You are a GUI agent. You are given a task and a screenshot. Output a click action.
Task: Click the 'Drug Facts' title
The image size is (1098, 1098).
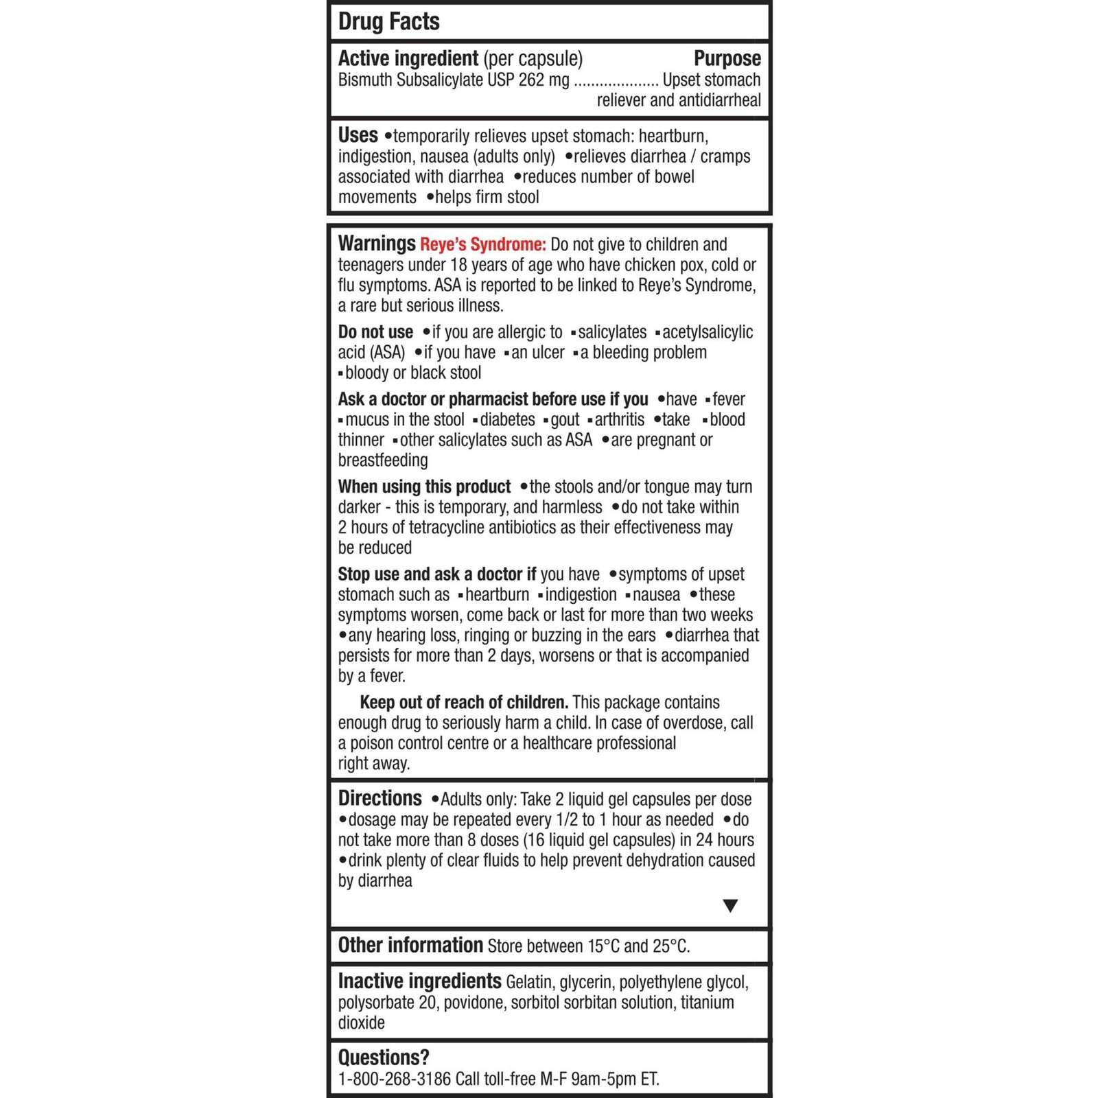[388, 22]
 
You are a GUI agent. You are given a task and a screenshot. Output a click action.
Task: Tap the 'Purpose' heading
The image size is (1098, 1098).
[727, 59]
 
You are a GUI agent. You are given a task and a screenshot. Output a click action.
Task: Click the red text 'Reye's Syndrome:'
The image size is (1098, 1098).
[482, 245]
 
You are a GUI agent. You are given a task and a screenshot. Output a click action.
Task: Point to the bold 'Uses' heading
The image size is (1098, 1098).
[358, 135]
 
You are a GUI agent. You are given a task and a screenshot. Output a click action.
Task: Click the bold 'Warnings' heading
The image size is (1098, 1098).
[376, 244]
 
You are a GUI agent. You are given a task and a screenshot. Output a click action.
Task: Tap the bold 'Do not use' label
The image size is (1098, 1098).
[375, 333]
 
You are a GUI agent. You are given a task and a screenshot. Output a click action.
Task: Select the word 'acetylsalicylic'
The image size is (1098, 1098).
[707, 333]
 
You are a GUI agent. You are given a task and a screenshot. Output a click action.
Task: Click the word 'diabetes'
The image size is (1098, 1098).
[507, 420]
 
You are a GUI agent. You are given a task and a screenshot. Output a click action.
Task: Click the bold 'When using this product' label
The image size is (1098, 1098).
[424, 487]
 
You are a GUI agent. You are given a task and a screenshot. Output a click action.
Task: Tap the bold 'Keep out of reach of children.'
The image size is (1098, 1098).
[464, 703]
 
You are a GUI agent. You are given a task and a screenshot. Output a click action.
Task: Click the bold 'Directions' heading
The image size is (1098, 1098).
[379, 799]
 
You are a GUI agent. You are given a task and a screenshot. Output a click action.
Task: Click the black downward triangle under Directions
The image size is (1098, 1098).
[730, 906]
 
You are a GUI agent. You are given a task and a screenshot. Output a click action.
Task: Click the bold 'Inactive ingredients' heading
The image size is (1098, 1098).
[419, 982]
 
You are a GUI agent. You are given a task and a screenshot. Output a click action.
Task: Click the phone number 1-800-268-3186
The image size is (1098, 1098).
[394, 1079]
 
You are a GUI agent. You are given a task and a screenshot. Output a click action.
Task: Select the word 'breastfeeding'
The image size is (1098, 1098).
[382, 460]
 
